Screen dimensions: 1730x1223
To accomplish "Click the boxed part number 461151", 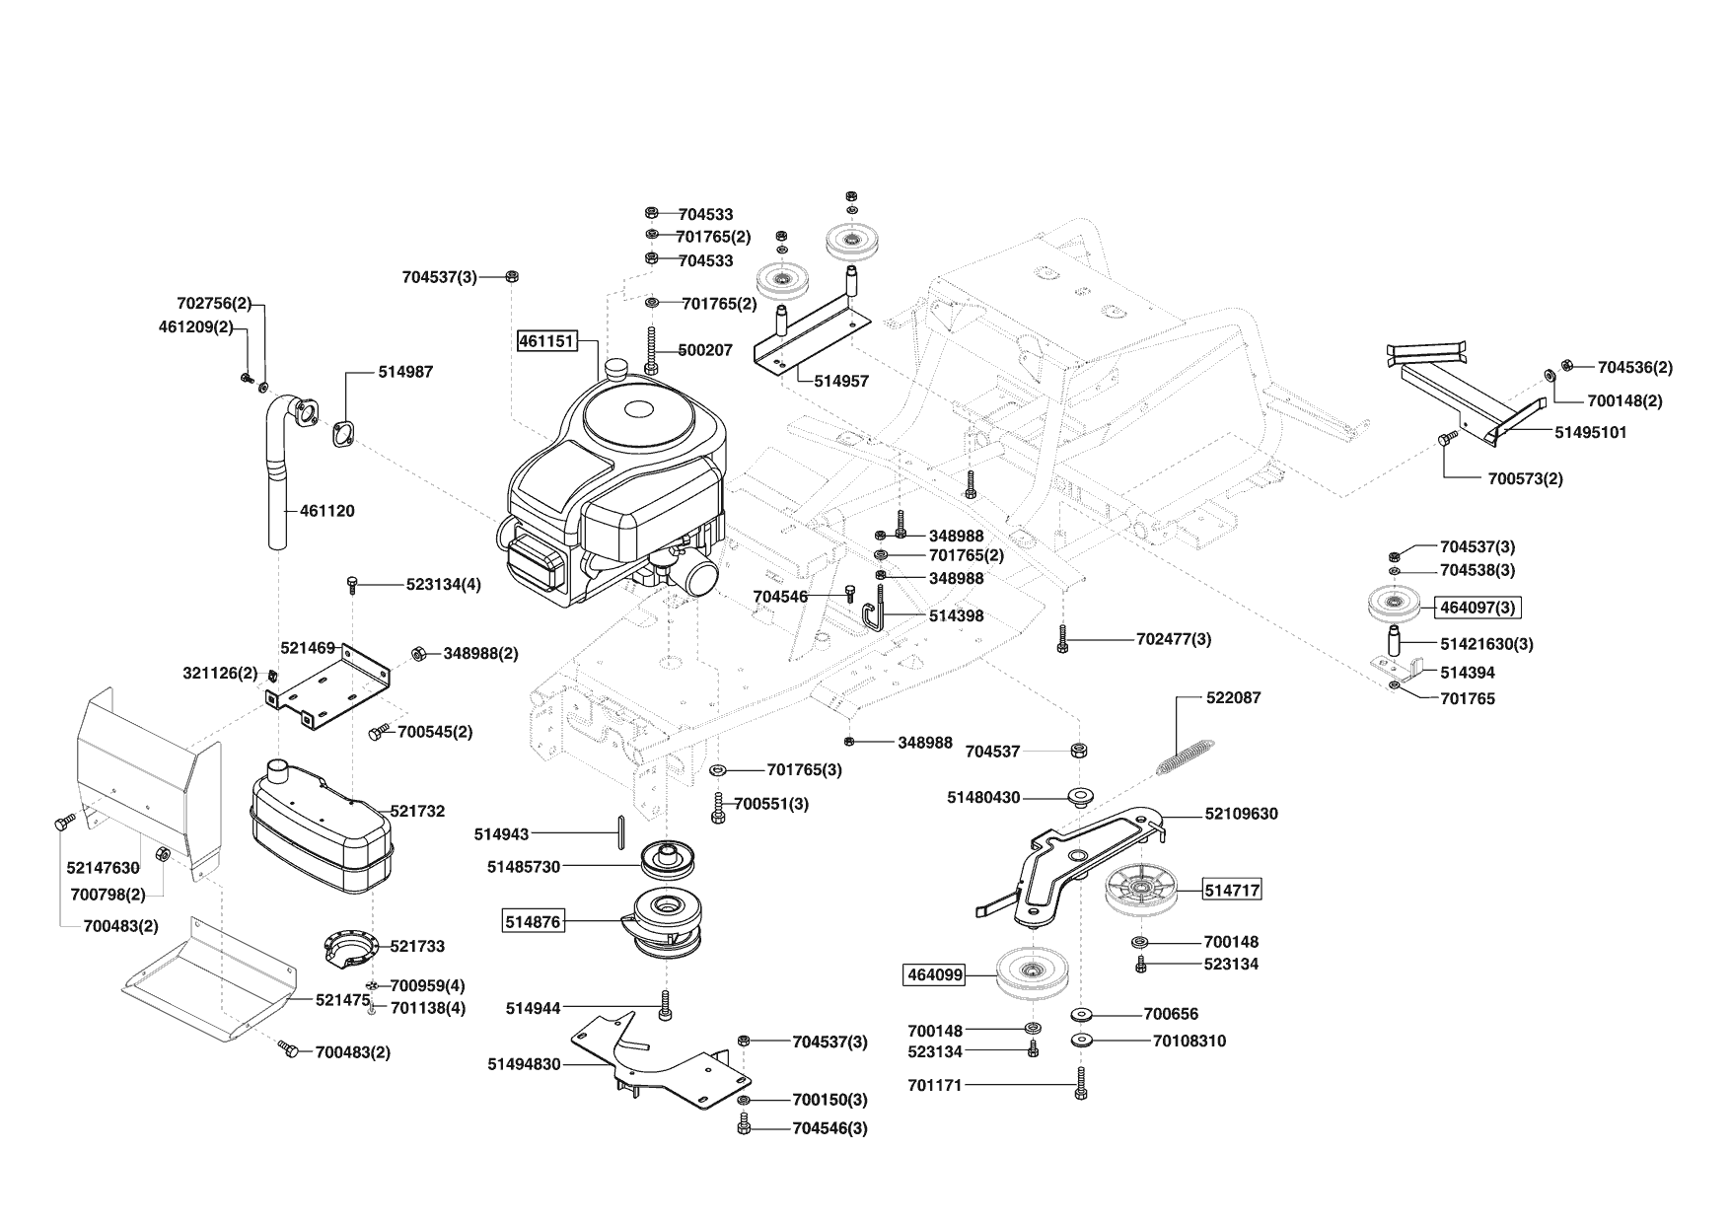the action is [x=546, y=341].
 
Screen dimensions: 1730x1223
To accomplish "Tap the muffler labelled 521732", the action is [x=320, y=829].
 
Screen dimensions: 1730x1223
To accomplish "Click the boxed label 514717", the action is [x=1232, y=890].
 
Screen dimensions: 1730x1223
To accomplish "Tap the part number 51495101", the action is [x=1591, y=432].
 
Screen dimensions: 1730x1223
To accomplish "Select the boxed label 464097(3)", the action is [x=1478, y=608].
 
